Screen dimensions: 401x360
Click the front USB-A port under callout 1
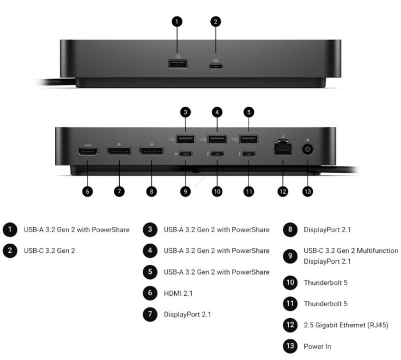178,64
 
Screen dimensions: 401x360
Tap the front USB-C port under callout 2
216,66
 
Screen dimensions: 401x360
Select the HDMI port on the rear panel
88,152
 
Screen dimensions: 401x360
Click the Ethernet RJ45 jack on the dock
283,148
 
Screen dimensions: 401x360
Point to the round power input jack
308,150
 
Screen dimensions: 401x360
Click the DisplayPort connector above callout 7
119,151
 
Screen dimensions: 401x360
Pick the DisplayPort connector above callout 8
151,151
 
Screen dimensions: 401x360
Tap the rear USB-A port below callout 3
186,139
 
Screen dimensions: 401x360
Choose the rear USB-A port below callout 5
249,139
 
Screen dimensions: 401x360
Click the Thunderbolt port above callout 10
217,154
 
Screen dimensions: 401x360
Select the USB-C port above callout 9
186,154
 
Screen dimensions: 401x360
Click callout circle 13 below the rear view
308,191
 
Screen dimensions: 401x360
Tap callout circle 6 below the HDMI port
88,191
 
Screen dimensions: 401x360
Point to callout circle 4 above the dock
217,112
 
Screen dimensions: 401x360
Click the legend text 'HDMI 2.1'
178,294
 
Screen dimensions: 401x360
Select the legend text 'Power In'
317,346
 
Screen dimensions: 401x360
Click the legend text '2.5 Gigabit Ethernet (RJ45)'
346,325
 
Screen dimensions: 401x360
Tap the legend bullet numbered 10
290,283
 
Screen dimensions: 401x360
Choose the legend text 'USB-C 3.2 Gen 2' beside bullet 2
49,251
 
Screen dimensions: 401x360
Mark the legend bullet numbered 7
150,314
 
